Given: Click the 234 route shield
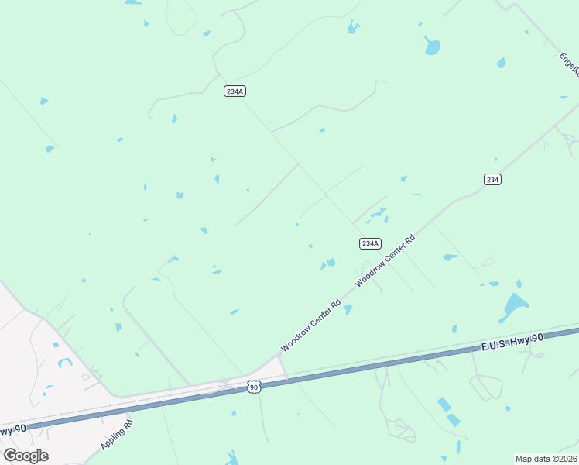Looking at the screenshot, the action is click(x=492, y=179).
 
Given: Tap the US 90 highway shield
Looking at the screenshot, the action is click(x=254, y=387).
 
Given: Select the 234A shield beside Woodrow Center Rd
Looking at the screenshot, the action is click(x=370, y=243).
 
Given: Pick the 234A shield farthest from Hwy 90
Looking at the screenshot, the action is click(x=235, y=91).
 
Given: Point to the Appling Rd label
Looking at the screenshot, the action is click(x=117, y=435).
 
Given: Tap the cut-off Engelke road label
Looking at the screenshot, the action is click(x=570, y=64).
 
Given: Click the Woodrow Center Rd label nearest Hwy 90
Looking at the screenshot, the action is click(x=311, y=325).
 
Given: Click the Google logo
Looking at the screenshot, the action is click(x=26, y=456).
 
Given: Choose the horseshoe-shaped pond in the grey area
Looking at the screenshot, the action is click(x=64, y=362).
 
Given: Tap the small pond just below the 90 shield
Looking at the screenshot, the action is click(x=234, y=412).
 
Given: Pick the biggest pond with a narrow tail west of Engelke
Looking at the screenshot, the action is click(x=432, y=46).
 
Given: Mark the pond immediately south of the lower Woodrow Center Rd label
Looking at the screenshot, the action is click(x=348, y=310).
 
